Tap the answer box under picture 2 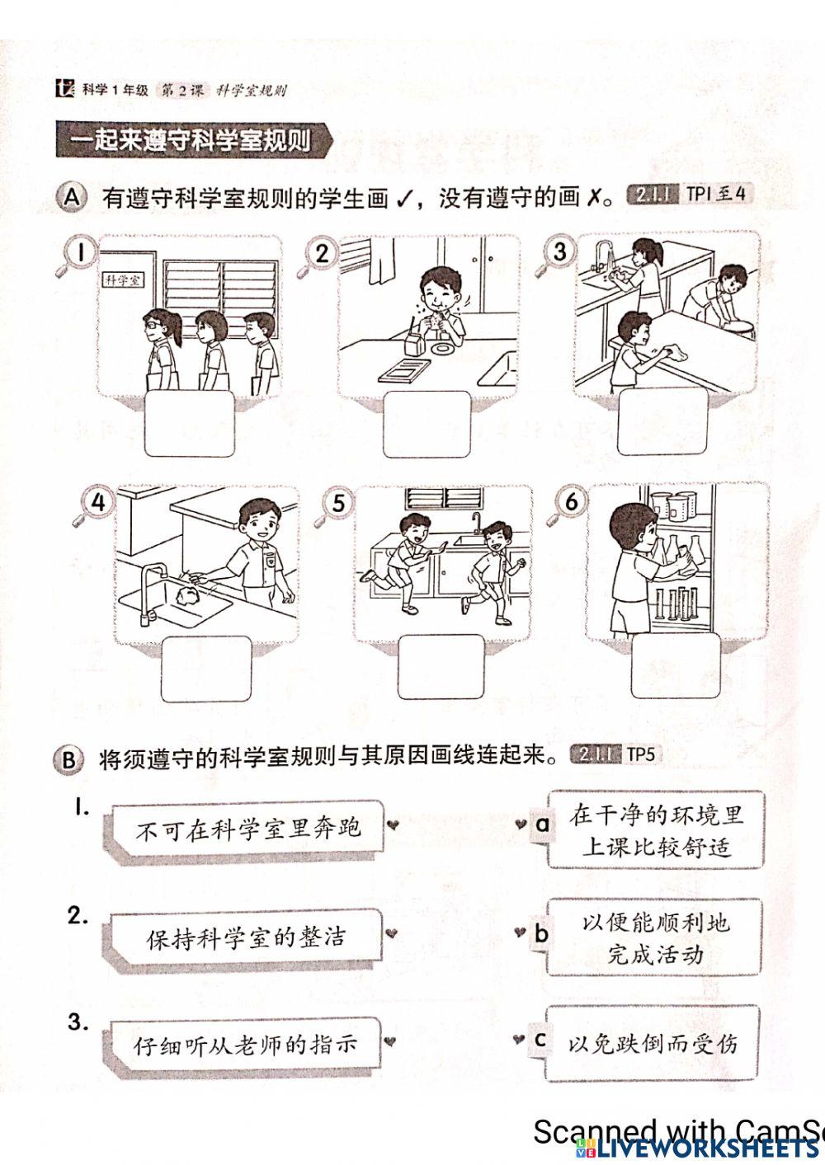(x=427, y=424)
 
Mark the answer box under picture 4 (x=206, y=669)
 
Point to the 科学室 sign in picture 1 (x=123, y=280)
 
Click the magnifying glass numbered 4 (x=96, y=504)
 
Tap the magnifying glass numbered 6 (x=571, y=502)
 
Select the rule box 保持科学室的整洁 (x=246, y=937)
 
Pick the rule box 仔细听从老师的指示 (x=245, y=1045)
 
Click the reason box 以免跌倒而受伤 (x=652, y=1044)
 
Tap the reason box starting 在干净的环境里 (x=655, y=830)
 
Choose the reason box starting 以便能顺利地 (x=655, y=937)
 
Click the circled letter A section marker (x=73, y=198)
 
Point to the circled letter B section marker (x=68, y=759)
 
